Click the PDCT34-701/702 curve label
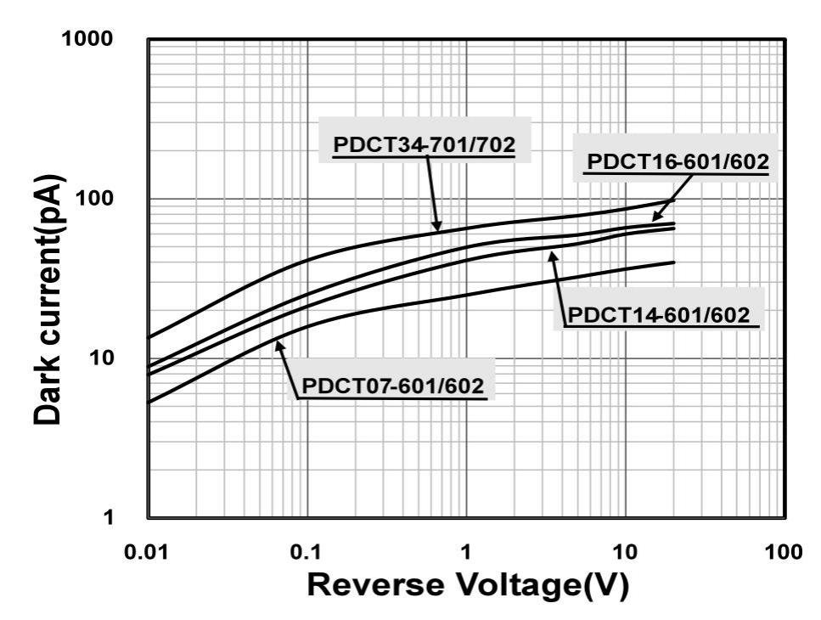(x=425, y=145)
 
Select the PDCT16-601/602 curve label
(x=677, y=161)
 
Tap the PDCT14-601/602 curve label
(x=659, y=316)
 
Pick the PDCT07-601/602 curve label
(x=393, y=387)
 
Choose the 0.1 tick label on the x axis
(x=306, y=554)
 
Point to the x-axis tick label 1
(x=466, y=554)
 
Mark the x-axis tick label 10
(x=625, y=554)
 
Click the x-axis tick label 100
(x=783, y=554)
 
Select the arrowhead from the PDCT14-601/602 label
(x=552, y=252)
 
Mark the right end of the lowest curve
(x=673, y=262)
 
